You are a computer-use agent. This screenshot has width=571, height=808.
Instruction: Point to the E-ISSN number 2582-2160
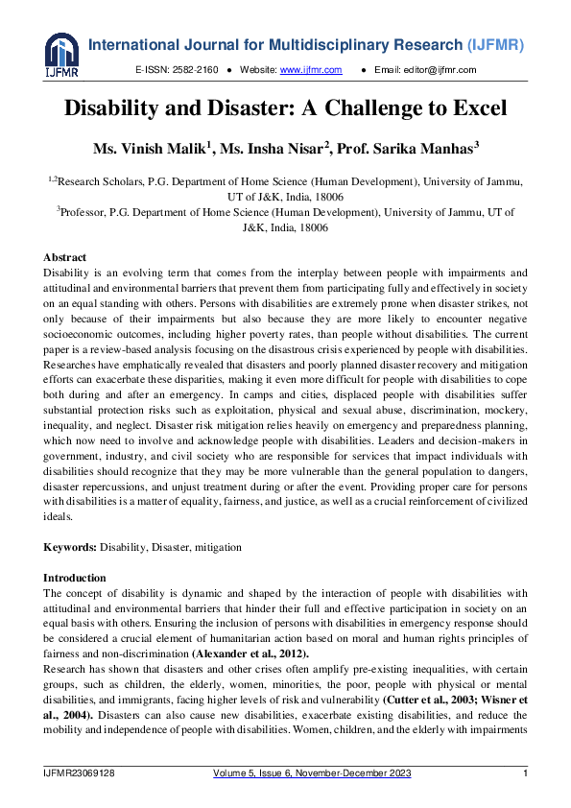[x=197, y=70]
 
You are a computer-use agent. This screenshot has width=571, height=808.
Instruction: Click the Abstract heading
[x=65, y=258]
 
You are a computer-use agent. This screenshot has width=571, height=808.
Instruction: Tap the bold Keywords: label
[x=71, y=547]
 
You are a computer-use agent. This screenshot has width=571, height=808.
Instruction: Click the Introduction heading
[x=75, y=578]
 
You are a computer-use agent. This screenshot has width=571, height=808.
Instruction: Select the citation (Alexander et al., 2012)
[x=245, y=654]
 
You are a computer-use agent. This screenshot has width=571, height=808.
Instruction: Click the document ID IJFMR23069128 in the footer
[x=80, y=773]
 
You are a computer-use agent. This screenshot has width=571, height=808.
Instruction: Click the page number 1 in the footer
[x=525, y=773]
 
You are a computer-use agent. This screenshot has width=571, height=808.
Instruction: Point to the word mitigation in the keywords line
[x=218, y=547]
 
